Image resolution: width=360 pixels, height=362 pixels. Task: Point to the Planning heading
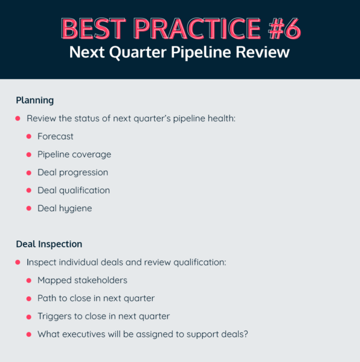coord(34,100)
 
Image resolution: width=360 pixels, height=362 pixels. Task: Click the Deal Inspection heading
coord(49,244)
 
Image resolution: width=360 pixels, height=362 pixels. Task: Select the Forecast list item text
coord(56,136)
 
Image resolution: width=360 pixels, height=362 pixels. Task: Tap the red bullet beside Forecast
coord(28,136)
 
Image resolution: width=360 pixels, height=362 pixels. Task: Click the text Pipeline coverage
coord(74,154)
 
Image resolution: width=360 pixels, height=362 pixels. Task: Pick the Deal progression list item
coord(72,173)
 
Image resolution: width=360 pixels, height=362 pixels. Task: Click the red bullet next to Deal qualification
coord(28,191)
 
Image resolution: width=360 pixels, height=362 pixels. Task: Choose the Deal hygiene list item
coord(65,209)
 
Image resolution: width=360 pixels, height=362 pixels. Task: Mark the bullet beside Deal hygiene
coord(28,209)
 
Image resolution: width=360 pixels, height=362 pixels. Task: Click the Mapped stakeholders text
coord(82,281)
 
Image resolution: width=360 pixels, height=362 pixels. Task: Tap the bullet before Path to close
coord(28,299)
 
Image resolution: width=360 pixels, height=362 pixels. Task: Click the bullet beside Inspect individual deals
coord(18,262)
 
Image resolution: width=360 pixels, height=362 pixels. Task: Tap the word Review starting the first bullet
coord(40,118)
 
